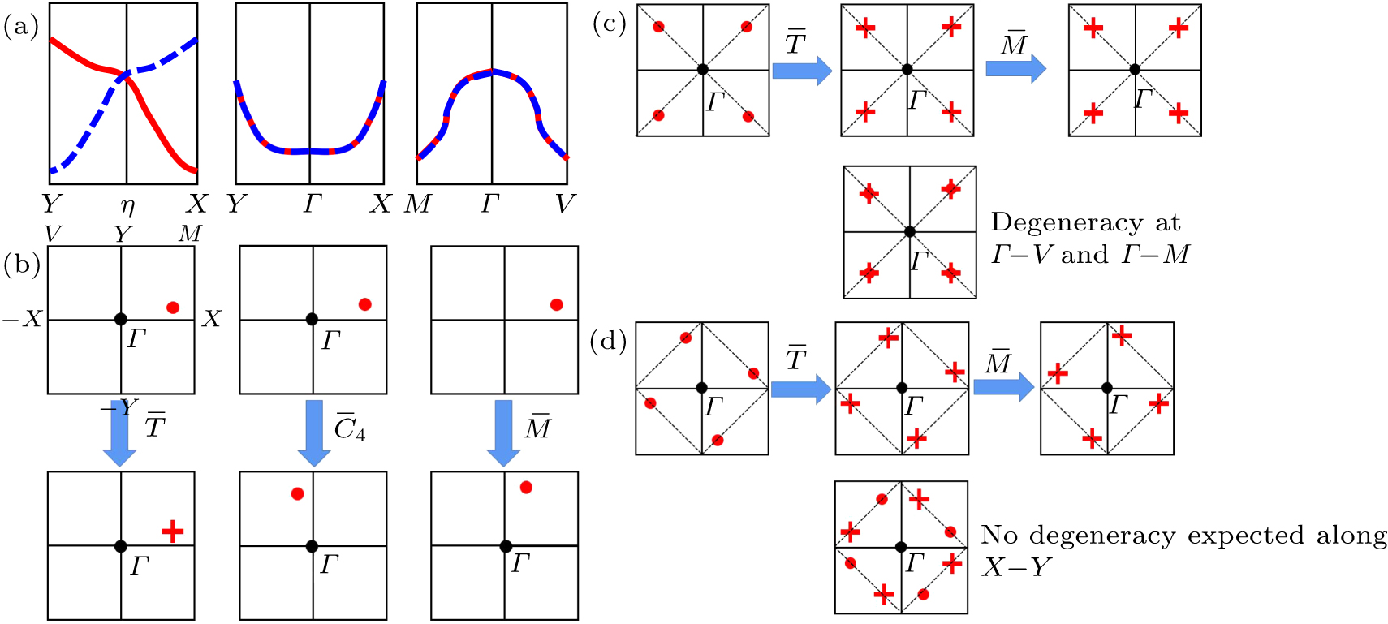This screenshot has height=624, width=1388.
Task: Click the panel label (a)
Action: click(x=20, y=28)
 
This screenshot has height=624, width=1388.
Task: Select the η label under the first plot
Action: click(x=127, y=206)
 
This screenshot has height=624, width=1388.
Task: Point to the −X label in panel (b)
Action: click(x=22, y=319)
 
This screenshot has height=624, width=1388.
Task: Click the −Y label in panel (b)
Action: click(x=118, y=407)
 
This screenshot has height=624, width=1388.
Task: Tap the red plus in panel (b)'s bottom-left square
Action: click(x=172, y=531)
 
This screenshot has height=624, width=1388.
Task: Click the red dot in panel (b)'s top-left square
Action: click(x=173, y=308)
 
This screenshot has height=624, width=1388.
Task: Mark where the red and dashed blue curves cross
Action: click(x=125, y=76)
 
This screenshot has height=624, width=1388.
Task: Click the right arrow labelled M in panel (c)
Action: click(x=1015, y=70)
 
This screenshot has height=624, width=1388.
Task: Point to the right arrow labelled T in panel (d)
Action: click(x=800, y=389)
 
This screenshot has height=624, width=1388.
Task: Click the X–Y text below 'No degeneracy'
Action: click(x=1016, y=567)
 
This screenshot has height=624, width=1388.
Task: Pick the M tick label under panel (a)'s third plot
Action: click(x=417, y=204)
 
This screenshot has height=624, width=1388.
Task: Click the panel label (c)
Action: click(x=609, y=24)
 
